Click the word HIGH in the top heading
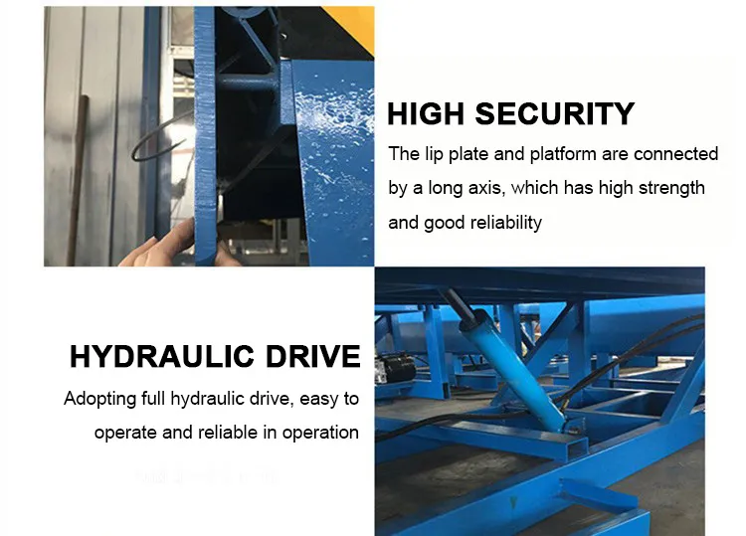(x=426, y=114)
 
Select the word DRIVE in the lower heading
(x=317, y=356)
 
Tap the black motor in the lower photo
(x=395, y=370)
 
